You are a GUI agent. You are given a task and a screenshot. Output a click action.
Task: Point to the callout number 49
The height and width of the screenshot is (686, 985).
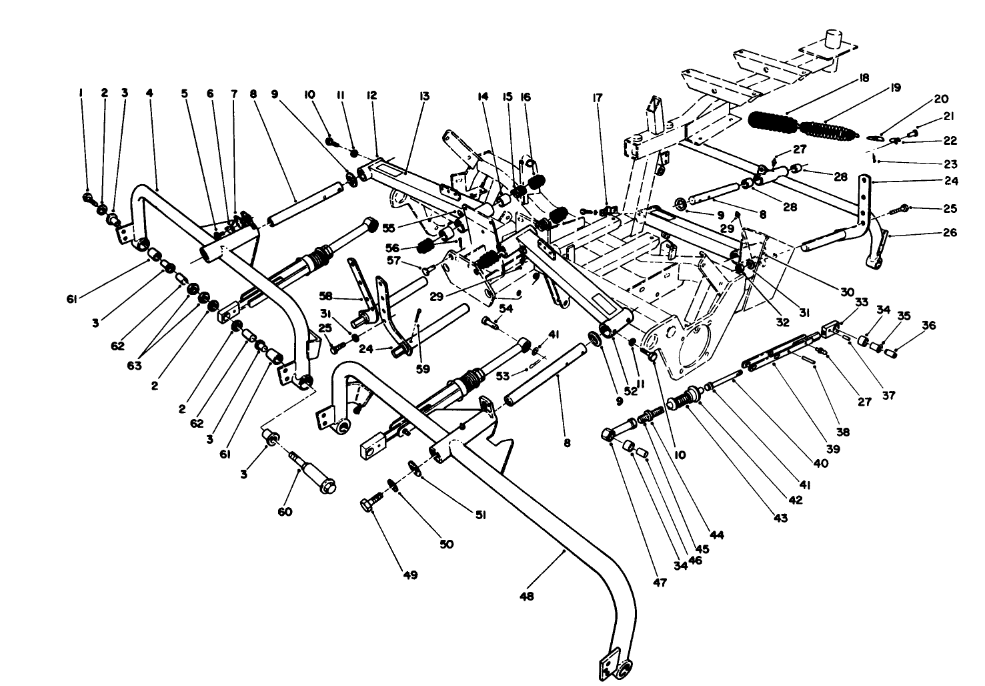pyautogui.click(x=411, y=575)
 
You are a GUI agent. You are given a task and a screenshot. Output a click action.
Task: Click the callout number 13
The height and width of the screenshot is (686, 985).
pyautogui.click(x=423, y=96)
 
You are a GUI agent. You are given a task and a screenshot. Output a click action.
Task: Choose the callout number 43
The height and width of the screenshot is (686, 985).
pyautogui.click(x=780, y=519)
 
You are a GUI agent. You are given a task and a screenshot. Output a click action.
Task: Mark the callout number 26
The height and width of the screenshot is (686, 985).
pyautogui.click(x=950, y=232)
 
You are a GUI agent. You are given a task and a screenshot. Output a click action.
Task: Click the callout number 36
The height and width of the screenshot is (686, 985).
pyautogui.click(x=929, y=326)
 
